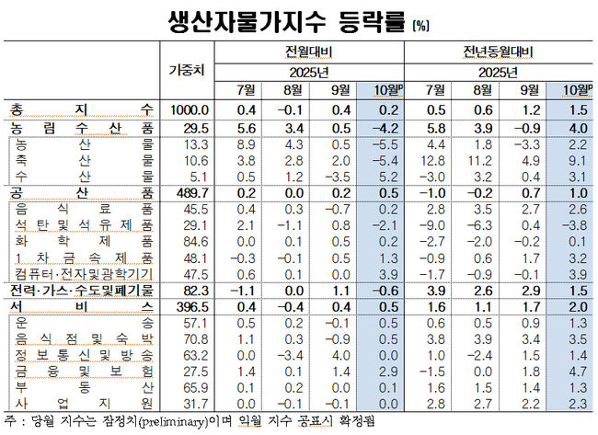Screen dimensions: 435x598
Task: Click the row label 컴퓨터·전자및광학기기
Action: pyautogui.click(x=86, y=274)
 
